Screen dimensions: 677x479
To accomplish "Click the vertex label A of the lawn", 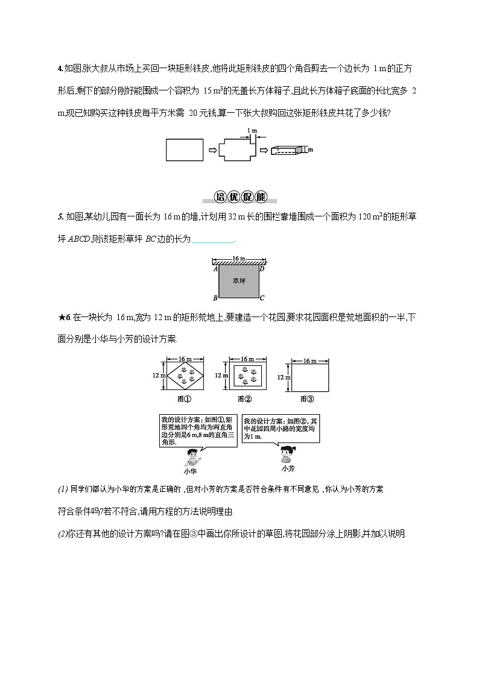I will tap(215, 269).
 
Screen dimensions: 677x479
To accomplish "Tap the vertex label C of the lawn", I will tap(262, 298).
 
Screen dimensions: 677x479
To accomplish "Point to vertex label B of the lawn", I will tap(215, 298).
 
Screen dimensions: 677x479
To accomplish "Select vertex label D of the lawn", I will tap(261, 269).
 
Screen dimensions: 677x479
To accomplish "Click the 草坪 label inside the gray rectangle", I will tap(239, 280).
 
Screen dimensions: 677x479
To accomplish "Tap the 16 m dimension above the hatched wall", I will tap(239, 258).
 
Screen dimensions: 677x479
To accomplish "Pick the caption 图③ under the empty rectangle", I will tap(307, 398).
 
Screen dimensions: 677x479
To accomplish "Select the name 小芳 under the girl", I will tap(288, 468).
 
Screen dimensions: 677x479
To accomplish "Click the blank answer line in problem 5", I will tap(213, 239).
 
